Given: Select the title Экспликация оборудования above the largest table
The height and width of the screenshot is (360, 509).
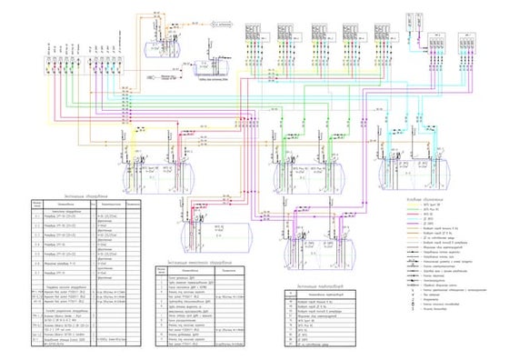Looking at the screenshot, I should (x=86, y=194).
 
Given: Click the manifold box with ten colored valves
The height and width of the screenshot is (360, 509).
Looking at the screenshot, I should (x=86, y=66).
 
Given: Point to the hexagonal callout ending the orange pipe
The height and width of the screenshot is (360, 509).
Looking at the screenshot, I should (x=225, y=15).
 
